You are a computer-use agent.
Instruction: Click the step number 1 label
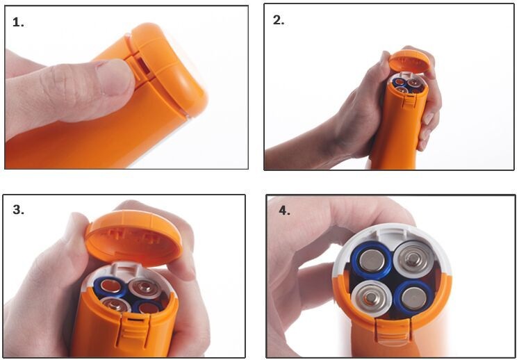coord(18,22)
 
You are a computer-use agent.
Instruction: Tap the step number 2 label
coord(279,21)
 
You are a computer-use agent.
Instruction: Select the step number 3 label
coord(18,210)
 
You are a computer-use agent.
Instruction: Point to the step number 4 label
coord(285,211)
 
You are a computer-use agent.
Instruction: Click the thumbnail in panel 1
coord(113,77)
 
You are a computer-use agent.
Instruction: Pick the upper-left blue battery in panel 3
coord(110,287)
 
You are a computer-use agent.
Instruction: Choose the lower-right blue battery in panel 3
coord(148,307)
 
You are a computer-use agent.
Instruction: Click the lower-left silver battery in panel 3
coord(115,304)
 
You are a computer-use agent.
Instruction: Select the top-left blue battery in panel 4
coord(372,261)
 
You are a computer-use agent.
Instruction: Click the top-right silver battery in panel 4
coord(413,259)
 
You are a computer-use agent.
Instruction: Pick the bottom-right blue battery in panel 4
coord(414,297)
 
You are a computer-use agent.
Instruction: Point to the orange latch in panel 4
coord(394,329)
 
